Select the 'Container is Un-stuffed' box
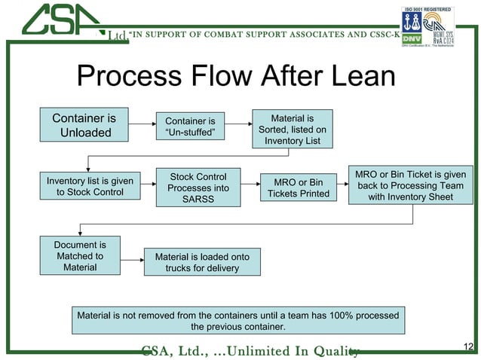[x=190, y=127]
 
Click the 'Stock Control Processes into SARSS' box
[x=198, y=188]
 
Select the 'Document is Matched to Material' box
[x=80, y=256]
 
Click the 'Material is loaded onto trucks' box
[x=202, y=262]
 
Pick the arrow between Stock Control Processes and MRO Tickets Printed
[x=250, y=188]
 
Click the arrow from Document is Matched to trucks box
[x=132, y=262]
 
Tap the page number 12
[x=467, y=346]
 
